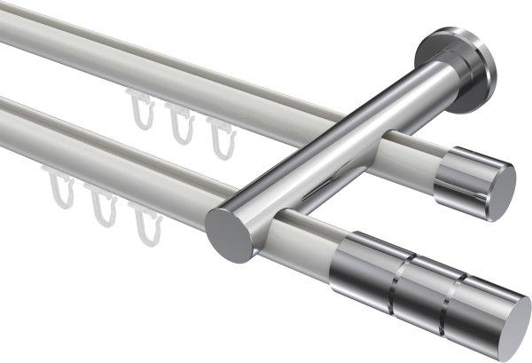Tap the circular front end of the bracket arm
coord(227,233)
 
